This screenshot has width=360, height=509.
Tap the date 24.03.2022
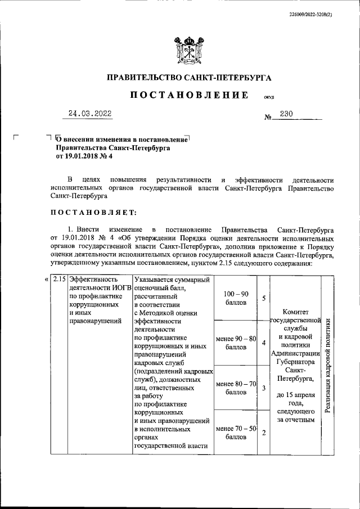tap(89, 114)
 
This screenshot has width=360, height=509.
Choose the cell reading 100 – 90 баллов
tap(236, 298)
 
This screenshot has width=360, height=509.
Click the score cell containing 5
tap(263, 298)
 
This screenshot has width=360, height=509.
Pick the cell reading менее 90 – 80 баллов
tap(236, 343)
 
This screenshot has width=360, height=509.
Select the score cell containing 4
tap(263, 343)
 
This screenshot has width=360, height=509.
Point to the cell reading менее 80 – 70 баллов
tap(236, 389)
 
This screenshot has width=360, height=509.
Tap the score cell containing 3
tap(263, 388)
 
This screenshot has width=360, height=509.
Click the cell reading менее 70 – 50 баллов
tap(236, 434)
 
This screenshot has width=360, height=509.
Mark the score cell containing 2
tap(263, 433)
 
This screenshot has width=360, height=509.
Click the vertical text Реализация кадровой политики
tap(327, 366)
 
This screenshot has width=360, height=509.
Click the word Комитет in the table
tap(295, 309)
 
